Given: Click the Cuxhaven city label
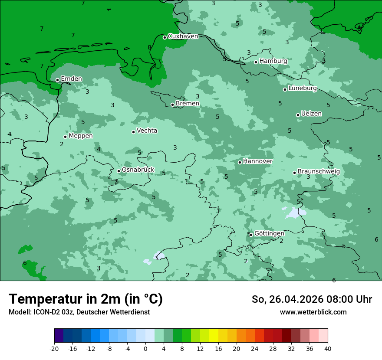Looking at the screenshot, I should click(183, 36).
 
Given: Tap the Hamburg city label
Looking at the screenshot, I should click(273, 61).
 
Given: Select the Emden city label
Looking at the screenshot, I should click(71, 79).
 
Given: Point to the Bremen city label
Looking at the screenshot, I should click(188, 104).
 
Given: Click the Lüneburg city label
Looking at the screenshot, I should click(303, 88).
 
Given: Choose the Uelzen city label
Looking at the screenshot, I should click(311, 114).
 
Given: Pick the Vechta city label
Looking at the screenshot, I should click(147, 131).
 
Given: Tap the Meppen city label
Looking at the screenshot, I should click(81, 136).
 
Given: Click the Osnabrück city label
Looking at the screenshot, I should click(138, 170).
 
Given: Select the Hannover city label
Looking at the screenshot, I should click(257, 161).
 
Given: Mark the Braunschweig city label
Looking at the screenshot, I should click(319, 172).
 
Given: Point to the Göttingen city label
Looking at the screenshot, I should click(269, 234).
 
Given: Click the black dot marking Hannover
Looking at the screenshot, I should click(240, 162).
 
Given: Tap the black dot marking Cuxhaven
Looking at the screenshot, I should click(165, 37).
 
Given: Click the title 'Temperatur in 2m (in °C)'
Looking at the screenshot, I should click(86, 299).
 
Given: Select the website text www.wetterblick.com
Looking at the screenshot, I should click(313, 312).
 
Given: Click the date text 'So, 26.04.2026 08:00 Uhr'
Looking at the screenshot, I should click(312, 300).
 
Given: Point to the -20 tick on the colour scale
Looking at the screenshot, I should click(54, 349).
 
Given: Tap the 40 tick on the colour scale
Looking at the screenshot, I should click(328, 349).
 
